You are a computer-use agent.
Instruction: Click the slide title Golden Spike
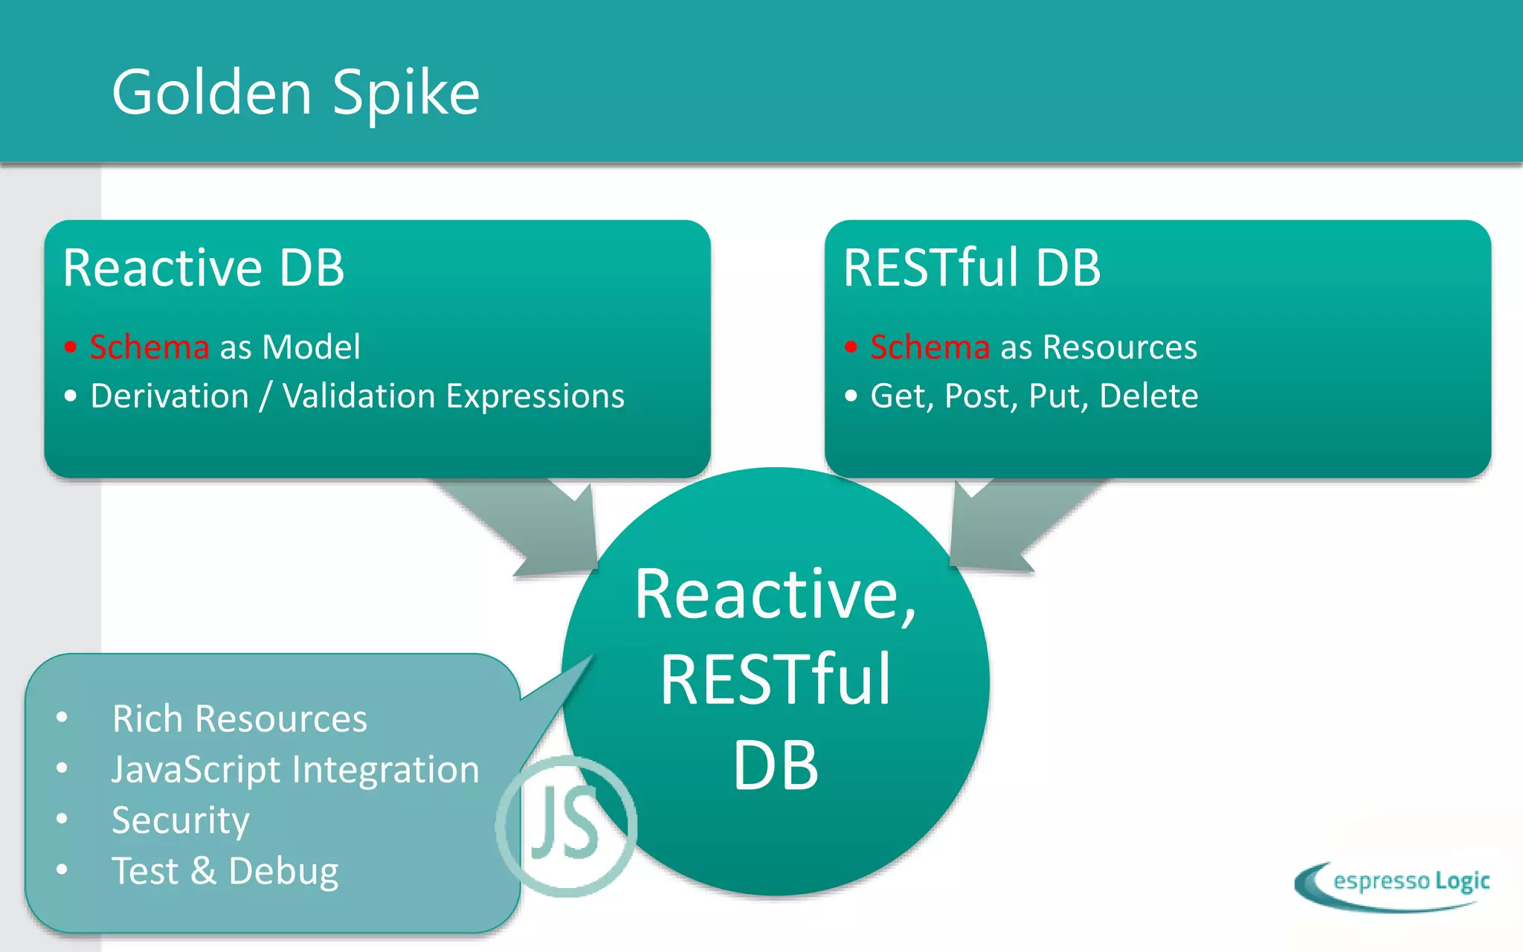[295, 93]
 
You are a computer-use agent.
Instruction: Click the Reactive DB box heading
[204, 268]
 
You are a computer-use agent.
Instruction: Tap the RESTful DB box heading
[971, 268]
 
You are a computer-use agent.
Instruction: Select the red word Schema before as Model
[149, 347]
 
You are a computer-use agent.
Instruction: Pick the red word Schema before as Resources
[930, 347]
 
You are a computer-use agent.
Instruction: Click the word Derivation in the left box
[170, 396]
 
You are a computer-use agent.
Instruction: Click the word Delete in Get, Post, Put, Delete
[1148, 396]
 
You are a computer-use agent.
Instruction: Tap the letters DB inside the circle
[775, 766]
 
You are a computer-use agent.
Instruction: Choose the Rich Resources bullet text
[239, 718]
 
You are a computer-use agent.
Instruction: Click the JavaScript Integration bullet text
[295, 769]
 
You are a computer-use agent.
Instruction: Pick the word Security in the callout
[180, 820]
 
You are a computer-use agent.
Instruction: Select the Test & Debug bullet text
[225, 871]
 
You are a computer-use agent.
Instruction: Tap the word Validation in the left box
[358, 396]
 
